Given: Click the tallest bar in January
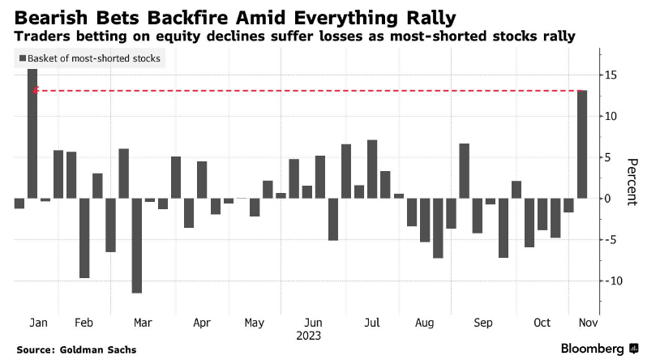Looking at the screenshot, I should [x=32, y=133].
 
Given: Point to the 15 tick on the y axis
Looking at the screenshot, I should [x=609, y=75].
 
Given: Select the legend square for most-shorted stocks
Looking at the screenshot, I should [x=21, y=58].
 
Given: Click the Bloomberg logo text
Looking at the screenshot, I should [x=593, y=349].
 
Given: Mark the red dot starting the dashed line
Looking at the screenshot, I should [x=36, y=91].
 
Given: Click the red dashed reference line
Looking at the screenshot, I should [x=308, y=91].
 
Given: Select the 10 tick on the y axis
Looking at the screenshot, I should [x=609, y=116].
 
